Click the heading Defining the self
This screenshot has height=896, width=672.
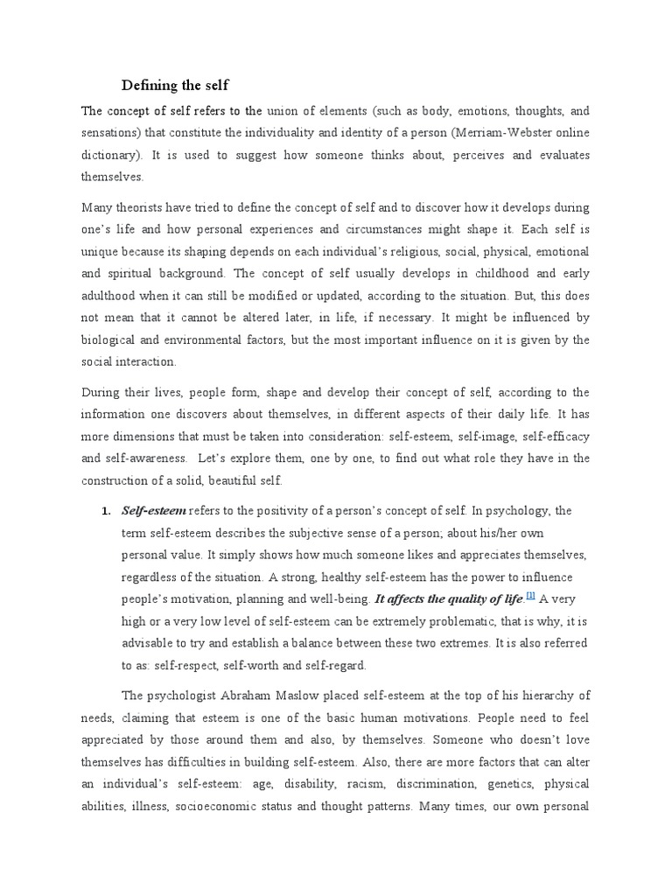pos(174,85)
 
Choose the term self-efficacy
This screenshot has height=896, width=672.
pos(556,435)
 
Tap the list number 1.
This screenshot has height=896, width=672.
pos(106,511)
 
